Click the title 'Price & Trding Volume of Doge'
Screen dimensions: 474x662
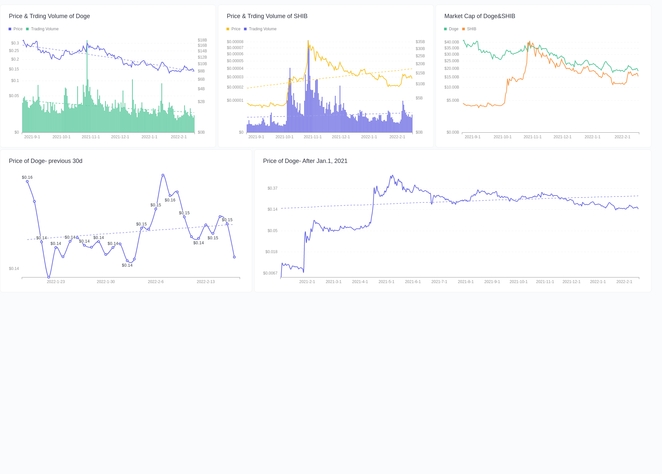(49, 16)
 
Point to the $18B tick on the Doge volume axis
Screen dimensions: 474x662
(202, 40)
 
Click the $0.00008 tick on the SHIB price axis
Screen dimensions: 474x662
(235, 42)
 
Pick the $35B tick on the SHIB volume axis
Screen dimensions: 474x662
(420, 42)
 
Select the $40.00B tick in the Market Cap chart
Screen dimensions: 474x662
(451, 42)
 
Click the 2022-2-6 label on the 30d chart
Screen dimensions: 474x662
(156, 282)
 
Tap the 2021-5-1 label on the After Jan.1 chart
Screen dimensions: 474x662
(386, 282)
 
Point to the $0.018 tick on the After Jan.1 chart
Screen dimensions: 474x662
(271, 252)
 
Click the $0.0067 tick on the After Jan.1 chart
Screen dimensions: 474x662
(270, 273)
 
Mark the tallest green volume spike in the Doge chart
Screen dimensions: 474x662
(87, 41)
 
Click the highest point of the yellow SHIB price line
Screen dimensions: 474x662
(308, 41)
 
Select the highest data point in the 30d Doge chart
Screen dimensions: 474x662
(163, 175)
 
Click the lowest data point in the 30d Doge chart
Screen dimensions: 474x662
(48, 277)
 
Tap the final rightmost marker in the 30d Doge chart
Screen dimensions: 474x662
(234, 257)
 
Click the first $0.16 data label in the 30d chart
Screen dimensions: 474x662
(27, 177)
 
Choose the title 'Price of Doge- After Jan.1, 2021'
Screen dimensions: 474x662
(305, 161)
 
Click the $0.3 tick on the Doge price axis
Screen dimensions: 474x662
(15, 43)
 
